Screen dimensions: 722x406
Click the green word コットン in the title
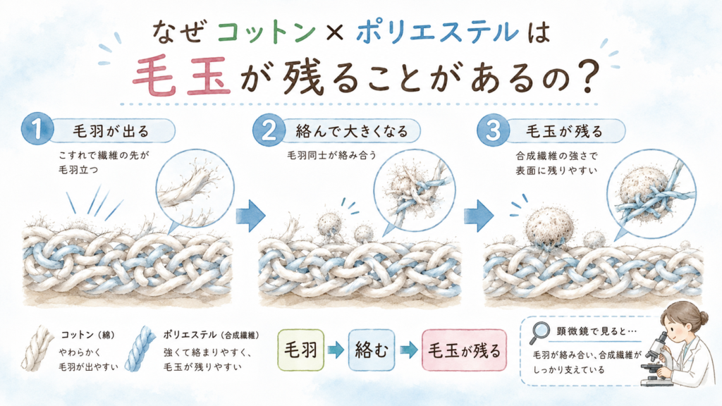pyautogui.click(x=266, y=32)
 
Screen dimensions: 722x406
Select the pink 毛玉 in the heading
pyautogui.click(x=181, y=76)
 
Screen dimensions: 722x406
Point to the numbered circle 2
pyautogui.click(x=269, y=130)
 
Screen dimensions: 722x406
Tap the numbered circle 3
pyautogui.click(x=493, y=130)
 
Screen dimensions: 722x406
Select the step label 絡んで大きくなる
pyautogui.click(x=352, y=132)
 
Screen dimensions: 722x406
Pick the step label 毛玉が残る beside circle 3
pyautogui.click(x=565, y=132)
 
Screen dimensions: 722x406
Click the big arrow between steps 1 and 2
pyautogui.click(x=250, y=216)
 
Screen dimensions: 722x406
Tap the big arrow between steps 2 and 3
pyautogui.click(x=479, y=216)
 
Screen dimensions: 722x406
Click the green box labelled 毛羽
pyautogui.click(x=300, y=350)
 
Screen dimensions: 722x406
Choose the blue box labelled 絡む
pyautogui.click(x=371, y=350)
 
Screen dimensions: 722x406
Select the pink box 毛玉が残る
pyautogui.click(x=464, y=350)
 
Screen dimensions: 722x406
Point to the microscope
pyautogui.click(x=656, y=359)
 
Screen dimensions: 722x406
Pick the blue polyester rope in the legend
pyautogui.click(x=141, y=349)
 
